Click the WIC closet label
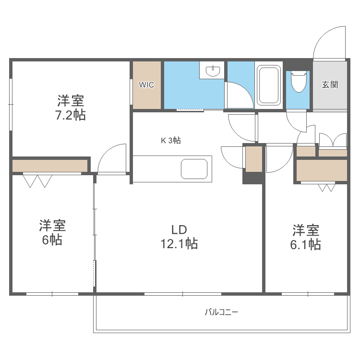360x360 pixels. click(x=146, y=85)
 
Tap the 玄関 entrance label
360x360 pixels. click(x=330, y=85)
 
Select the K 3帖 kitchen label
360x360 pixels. click(x=170, y=141)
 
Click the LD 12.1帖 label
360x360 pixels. click(x=179, y=237)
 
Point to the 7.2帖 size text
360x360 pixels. click(x=71, y=115)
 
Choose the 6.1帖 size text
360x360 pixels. click(x=305, y=245)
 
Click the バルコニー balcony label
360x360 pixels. click(x=221, y=312)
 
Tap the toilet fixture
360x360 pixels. click(x=299, y=82)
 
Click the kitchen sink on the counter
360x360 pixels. click(x=194, y=169)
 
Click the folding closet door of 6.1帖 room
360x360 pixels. click(x=326, y=187)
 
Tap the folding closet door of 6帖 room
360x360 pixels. click(x=38, y=180)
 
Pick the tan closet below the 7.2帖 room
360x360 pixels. click(x=50, y=166)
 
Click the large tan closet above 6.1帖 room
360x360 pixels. click(x=322, y=170)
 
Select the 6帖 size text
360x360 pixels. click(x=52, y=240)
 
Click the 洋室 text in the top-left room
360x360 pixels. click(x=71, y=101)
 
